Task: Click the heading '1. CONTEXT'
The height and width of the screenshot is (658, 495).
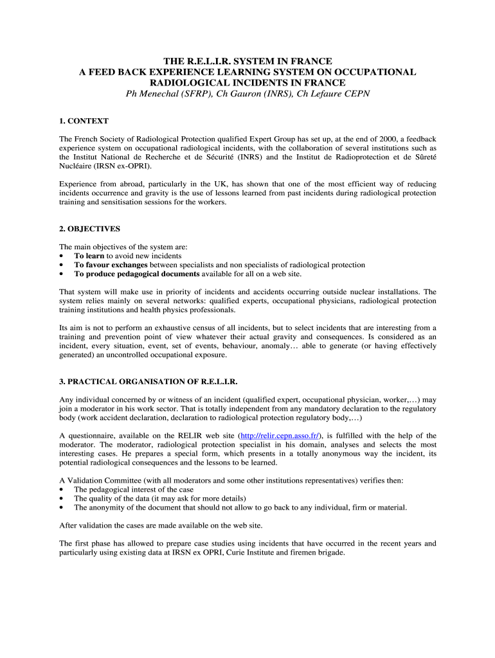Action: coord(84,121)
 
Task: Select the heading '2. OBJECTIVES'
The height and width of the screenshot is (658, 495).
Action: coord(89,228)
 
